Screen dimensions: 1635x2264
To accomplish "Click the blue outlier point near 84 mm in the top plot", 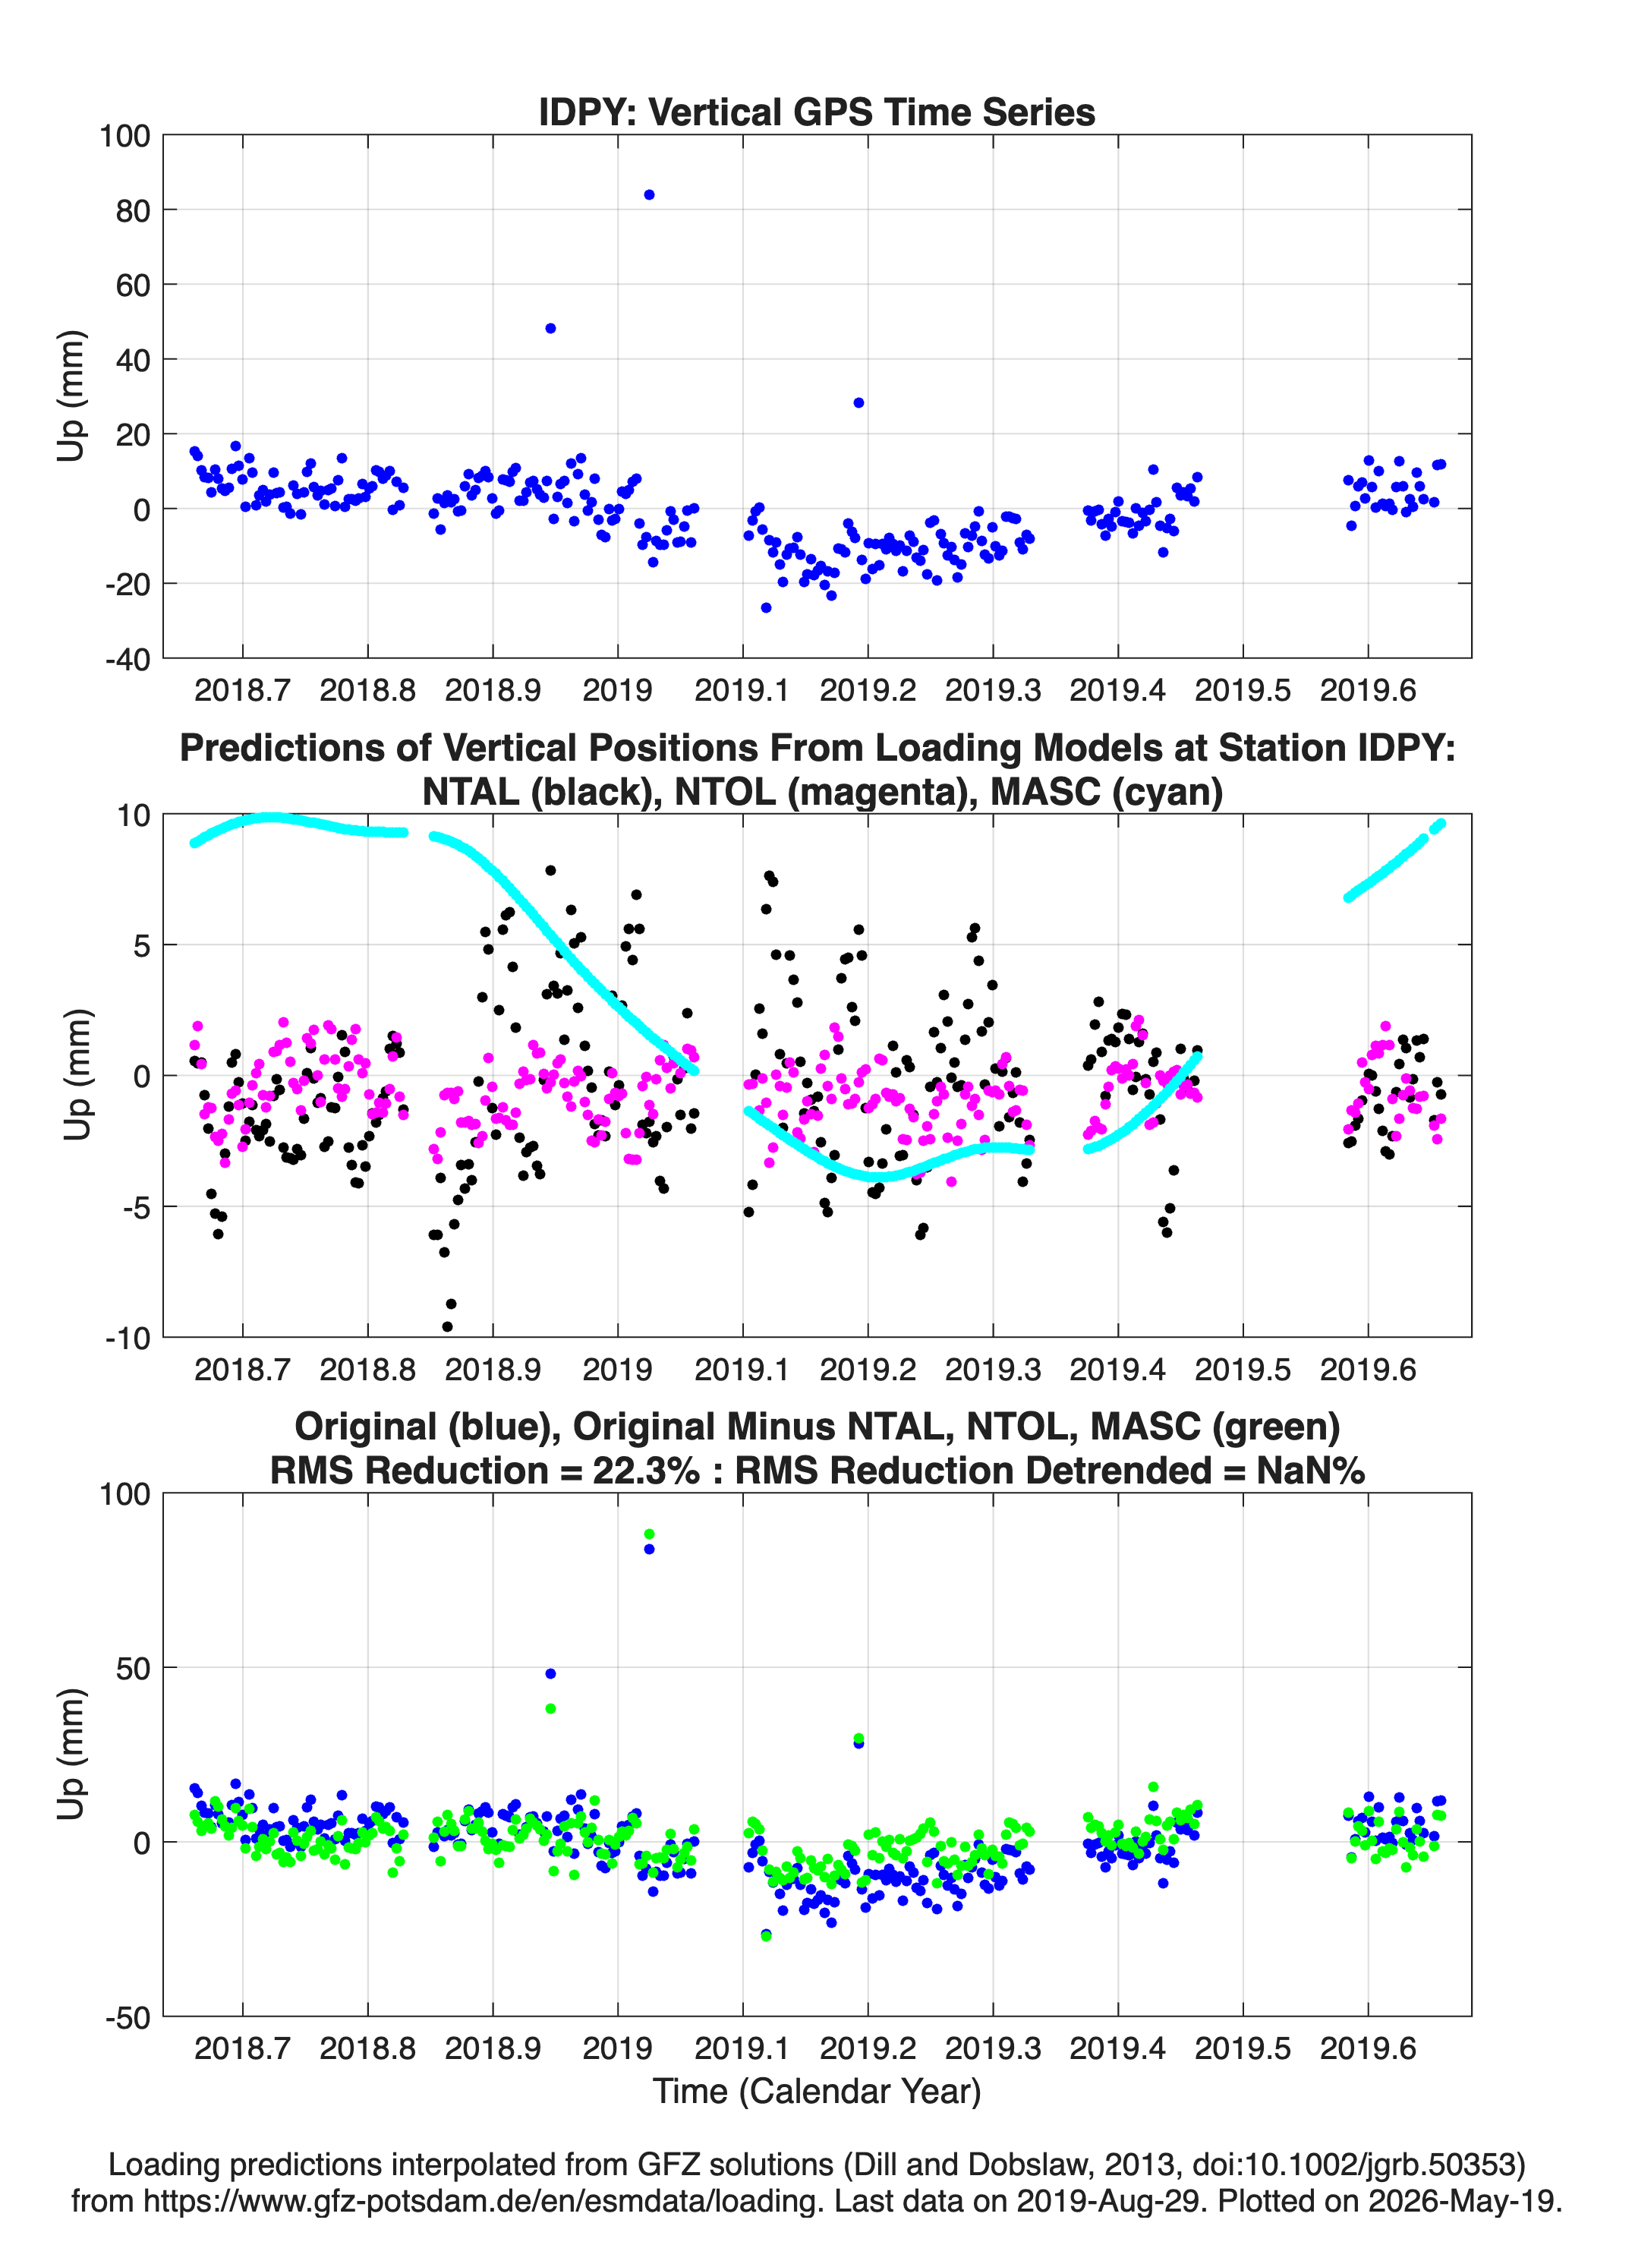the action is (649, 194).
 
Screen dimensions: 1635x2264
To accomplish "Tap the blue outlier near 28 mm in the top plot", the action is (858, 403).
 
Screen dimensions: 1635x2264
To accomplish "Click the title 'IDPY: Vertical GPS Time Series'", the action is (817, 112).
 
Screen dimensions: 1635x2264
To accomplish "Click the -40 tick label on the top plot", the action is (127, 659).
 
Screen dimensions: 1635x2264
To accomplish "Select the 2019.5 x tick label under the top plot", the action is (1243, 690).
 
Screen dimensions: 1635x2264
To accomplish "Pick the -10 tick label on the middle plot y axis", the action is (127, 1339).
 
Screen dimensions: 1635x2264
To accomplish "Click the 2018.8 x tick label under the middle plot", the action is (367, 1370).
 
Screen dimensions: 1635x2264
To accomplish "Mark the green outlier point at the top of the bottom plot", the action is (649, 1534).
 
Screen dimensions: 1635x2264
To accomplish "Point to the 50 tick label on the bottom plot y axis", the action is (133, 1668).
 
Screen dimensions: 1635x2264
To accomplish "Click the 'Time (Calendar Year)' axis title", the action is (817, 2092).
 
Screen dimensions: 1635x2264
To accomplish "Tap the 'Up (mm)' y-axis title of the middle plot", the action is (78, 1075).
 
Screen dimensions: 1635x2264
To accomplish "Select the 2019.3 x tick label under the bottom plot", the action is (992, 2048).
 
